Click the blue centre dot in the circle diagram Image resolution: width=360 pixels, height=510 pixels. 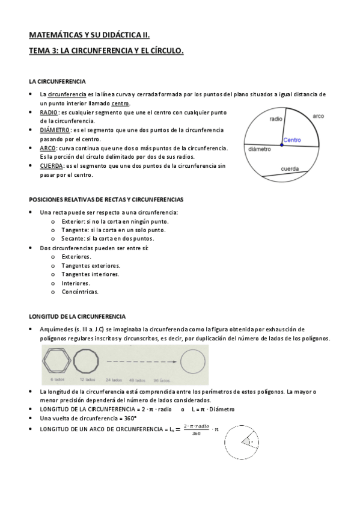point(281,145)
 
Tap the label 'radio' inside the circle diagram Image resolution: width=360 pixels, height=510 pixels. point(276,119)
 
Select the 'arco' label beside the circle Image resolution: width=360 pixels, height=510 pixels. point(319,115)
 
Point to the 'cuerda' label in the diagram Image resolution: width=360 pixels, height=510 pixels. point(291,169)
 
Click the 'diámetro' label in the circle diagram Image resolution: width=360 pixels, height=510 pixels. point(259,149)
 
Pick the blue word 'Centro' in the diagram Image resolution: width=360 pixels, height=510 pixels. point(292,140)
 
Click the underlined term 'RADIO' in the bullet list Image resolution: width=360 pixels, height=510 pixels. point(49,112)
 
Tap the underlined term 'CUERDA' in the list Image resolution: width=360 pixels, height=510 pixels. point(51,165)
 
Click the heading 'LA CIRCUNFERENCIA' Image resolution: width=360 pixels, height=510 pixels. point(57,81)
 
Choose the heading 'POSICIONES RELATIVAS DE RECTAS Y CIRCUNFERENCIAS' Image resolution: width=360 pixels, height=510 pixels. point(106,199)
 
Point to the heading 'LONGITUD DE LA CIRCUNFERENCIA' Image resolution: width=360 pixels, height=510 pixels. point(77,316)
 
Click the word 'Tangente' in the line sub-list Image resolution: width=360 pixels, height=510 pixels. point(74,230)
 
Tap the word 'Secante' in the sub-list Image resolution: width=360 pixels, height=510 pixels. point(72,238)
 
